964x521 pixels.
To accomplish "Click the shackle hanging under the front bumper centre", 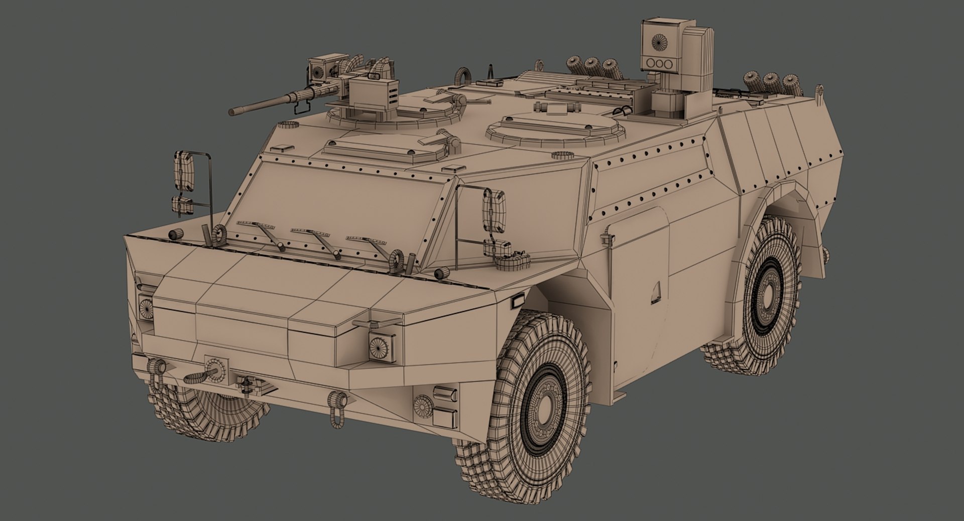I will pos(336,406).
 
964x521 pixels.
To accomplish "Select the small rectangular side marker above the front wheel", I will pos(517,302).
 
